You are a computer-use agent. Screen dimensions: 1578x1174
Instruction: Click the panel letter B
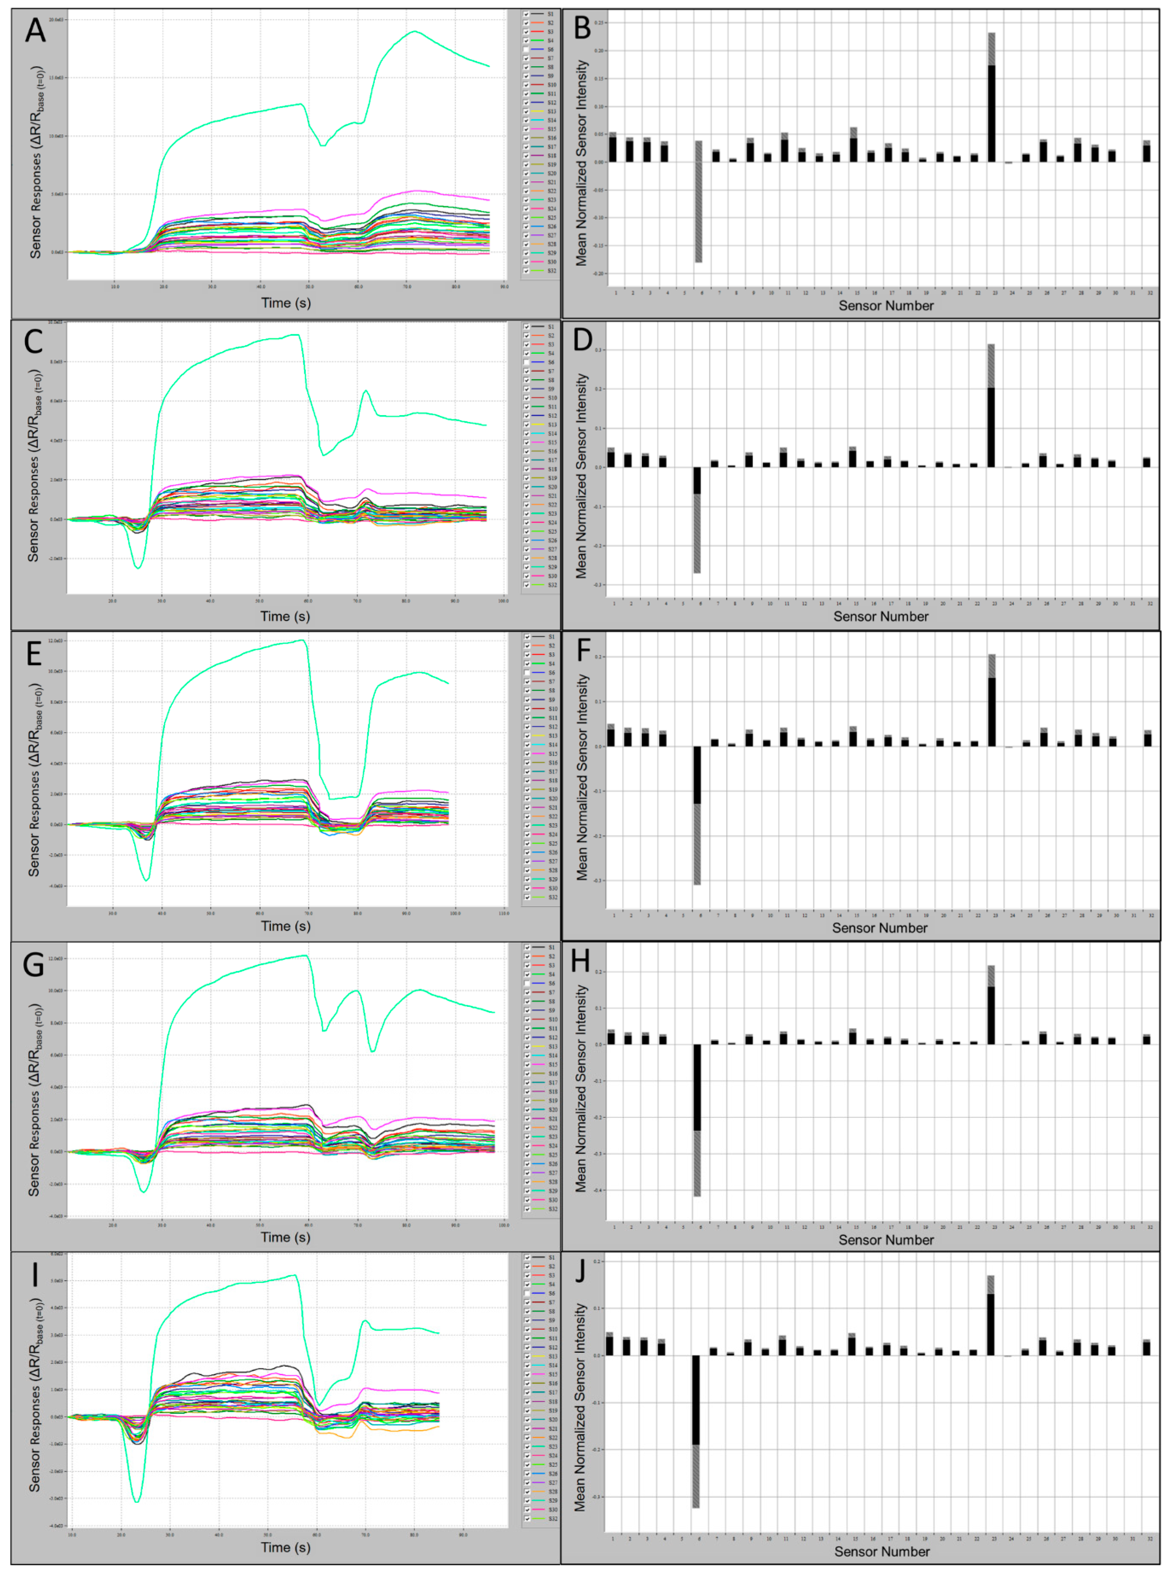coord(582,28)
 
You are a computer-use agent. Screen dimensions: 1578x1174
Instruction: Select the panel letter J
coord(581,1269)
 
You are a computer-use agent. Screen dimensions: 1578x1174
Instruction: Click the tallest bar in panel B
coord(991,107)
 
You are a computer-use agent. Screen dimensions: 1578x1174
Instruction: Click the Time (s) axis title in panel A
coord(286,303)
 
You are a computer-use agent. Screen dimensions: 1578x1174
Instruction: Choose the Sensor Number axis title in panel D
coord(880,616)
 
